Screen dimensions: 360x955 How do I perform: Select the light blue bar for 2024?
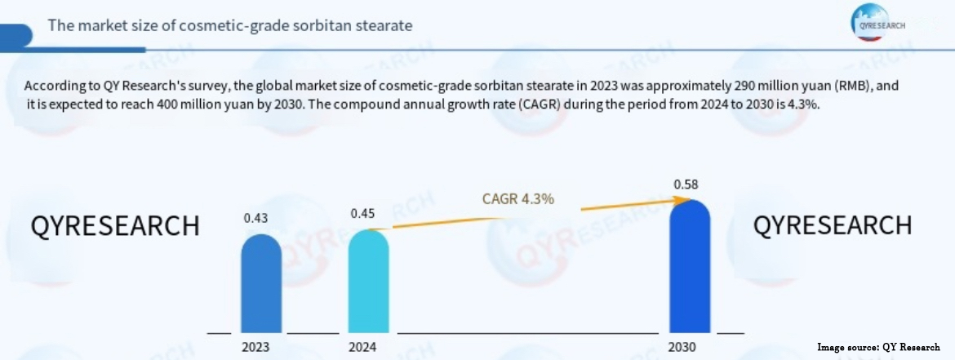click(368, 281)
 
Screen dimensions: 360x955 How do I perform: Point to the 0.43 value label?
click(256, 218)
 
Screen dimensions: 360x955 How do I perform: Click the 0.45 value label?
click(363, 214)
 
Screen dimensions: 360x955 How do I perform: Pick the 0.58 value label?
click(686, 184)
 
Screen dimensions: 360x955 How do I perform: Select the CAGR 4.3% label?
click(518, 198)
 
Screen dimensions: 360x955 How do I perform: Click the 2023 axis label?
click(256, 347)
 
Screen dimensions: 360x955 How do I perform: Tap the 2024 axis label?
click(363, 347)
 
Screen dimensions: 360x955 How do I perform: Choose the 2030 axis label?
click(682, 347)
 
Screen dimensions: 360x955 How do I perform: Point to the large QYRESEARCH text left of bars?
click(115, 226)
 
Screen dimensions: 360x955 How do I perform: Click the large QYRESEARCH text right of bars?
click(832, 224)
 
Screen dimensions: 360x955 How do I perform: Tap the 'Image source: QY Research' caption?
click(880, 347)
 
